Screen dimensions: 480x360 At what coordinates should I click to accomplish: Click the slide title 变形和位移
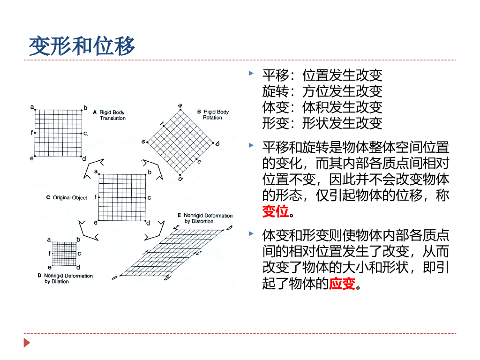coord(82,46)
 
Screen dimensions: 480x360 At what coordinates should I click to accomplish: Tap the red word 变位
coord(275,211)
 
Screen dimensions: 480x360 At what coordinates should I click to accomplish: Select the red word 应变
coord(342,283)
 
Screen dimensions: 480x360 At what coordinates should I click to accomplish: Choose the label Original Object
coord(70,198)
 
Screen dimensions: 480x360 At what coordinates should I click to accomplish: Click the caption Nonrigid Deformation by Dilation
coord(68,278)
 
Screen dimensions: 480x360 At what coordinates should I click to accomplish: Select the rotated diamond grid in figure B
coord(180,143)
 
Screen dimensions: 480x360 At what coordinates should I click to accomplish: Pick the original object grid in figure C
coord(122,197)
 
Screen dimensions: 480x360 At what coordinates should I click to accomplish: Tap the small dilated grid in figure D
coord(63,253)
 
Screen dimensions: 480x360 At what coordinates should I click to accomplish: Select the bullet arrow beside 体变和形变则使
coord(252,233)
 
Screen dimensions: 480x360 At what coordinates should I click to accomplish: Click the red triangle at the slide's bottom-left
coord(27,343)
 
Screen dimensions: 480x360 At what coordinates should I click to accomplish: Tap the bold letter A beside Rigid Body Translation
coord(94,112)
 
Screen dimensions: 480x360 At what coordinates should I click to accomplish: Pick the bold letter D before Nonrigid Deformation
coord(39,276)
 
